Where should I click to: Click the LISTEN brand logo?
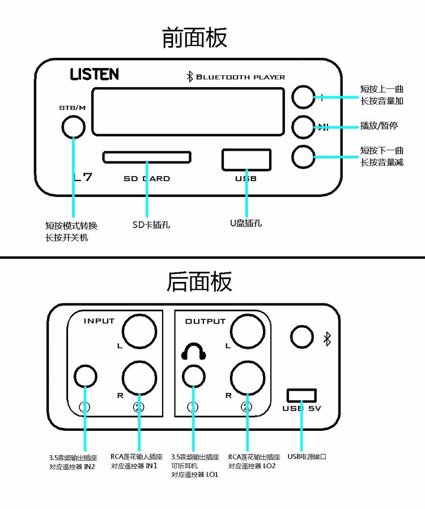click(x=94, y=74)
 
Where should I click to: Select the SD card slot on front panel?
click(x=147, y=156)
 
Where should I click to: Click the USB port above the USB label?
click(x=246, y=159)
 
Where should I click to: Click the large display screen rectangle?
click(x=188, y=112)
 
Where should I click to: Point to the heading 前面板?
click(x=194, y=37)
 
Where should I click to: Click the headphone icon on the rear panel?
click(x=194, y=353)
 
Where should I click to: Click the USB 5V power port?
click(x=301, y=395)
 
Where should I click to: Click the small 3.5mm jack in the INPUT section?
click(x=86, y=376)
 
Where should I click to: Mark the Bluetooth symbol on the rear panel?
click(x=326, y=339)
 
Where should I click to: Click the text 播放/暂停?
click(x=379, y=125)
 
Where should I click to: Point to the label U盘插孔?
click(x=245, y=223)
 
